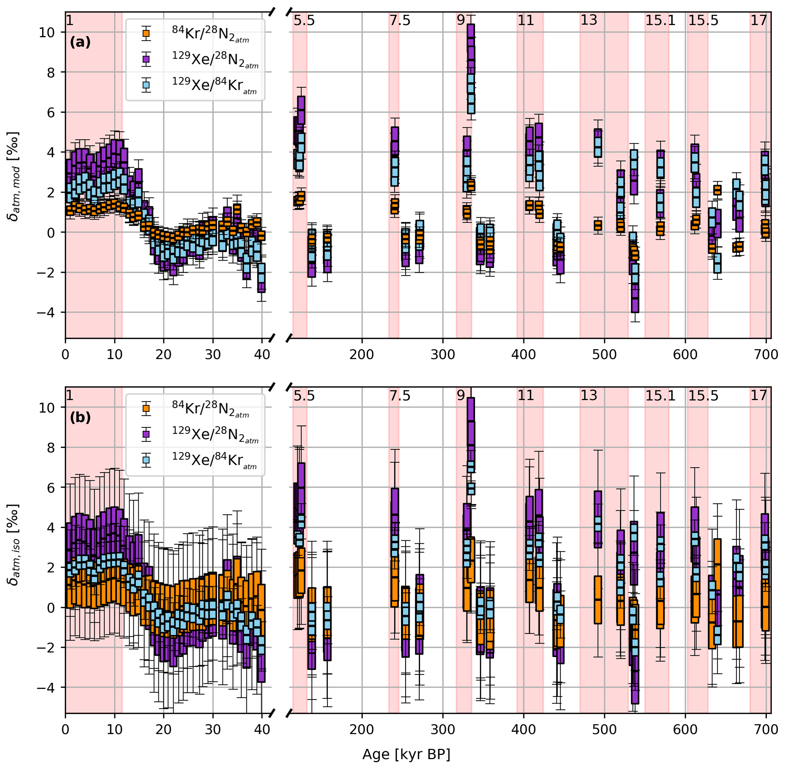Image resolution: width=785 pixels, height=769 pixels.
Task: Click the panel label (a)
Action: click(80, 42)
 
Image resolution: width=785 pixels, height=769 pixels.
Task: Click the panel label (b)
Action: click(80, 417)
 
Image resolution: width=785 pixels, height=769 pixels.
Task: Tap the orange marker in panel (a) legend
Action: click(146, 33)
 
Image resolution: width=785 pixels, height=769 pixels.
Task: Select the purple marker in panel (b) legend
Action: click(146, 434)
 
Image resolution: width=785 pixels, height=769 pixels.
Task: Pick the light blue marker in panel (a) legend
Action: click(146, 85)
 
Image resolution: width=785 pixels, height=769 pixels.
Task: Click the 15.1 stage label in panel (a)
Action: click(660, 20)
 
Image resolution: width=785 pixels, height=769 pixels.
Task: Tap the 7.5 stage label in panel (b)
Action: click(400, 396)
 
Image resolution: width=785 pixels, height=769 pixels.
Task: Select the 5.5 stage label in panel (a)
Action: click(304, 20)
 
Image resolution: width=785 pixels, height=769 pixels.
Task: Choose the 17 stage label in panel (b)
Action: click(758, 396)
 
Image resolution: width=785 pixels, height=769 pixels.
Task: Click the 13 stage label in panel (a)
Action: click(588, 20)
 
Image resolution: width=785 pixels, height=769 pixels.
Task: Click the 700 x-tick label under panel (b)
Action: click(766, 729)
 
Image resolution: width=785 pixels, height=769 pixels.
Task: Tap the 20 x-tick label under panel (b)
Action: click(164, 729)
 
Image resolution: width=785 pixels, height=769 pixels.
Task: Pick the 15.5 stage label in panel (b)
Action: click(703, 396)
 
